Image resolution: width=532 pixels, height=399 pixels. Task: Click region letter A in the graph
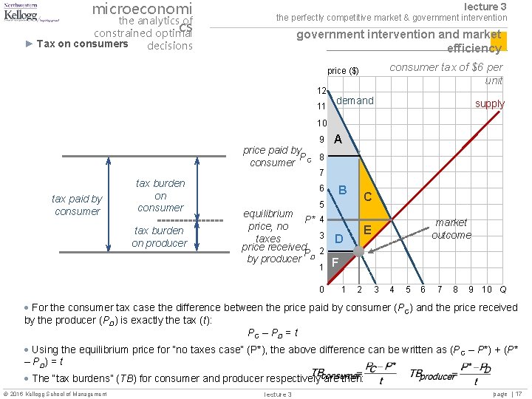pyautogui.click(x=338, y=140)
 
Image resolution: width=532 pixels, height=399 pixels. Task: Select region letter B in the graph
pyautogui.click(x=343, y=190)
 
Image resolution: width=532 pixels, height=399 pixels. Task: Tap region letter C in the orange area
pyautogui.click(x=367, y=197)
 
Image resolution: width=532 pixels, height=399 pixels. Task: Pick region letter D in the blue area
pyautogui.click(x=338, y=239)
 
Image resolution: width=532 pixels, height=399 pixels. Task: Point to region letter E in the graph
pyautogui.click(x=367, y=231)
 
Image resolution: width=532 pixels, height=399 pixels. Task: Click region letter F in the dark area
pyautogui.click(x=335, y=261)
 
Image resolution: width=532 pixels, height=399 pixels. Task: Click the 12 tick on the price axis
pyautogui.click(x=322, y=90)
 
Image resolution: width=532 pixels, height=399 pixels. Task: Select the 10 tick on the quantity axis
pyautogui.click(x=487, y=289)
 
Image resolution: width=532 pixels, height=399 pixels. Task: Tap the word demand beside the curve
pyautogui.click(x=355, y=100)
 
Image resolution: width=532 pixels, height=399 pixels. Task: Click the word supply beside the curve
pyautogui.click(x=490, y=103)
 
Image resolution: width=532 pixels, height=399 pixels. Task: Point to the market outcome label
pyautogui.click(x=451, y=228)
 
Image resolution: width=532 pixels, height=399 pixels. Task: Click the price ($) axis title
pyautogui.click(x=343, y=71)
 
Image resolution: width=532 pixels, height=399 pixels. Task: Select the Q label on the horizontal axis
pyautogui.click(x=503, y=289)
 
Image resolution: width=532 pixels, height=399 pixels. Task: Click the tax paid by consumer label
pyautogui.click(x=77, y=205)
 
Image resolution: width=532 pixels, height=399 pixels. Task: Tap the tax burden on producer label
pyautogui.click(x=160, y=236)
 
